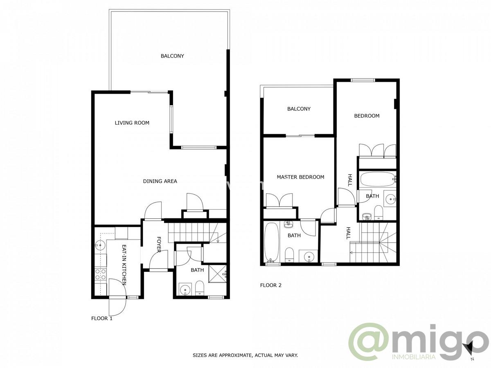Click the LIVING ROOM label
(x=132, y=123)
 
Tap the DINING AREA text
(x=160, y=181)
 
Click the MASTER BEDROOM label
(x=300, y=177)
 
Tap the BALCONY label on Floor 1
(x=172, y=56)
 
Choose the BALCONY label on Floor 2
(x=299, y=109)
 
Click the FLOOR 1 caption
(x=101, y=318)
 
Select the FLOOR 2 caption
(x=271, y=285)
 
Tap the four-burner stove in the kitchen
(x=100, y=274)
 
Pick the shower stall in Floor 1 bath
(x=218, y=273)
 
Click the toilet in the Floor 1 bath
(x=199, y=288)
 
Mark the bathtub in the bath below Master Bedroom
(x=270, y=242)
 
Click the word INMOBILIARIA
(x=414, y=357)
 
